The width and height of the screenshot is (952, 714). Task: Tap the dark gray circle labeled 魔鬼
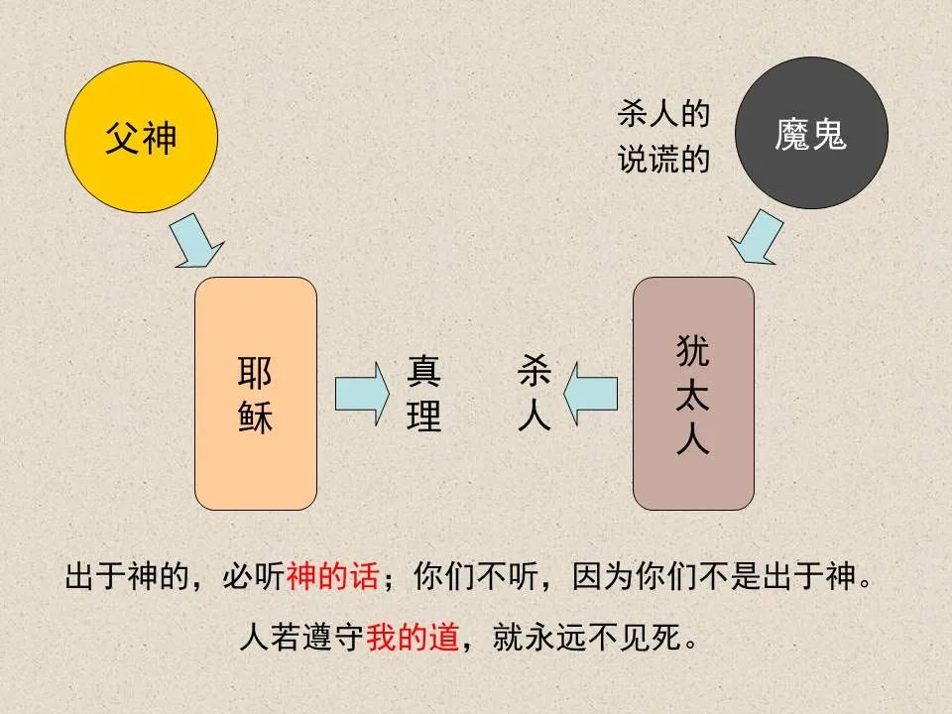tap(811, 133)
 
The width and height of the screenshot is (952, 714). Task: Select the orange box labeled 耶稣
tap(256, 394)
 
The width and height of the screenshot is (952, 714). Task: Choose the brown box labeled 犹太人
tap(693, 394)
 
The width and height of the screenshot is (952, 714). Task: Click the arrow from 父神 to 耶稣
tap(196, 242)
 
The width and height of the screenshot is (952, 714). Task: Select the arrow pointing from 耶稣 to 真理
tap(362, 395)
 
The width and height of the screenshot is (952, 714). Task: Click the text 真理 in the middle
tap(423, 395)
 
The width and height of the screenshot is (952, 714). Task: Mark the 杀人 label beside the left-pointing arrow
tap(534, 395)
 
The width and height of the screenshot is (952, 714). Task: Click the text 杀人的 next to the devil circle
tap(663, 115)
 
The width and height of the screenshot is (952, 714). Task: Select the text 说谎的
tap(663, 160)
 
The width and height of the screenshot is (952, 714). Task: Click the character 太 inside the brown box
tap(693, 394)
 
